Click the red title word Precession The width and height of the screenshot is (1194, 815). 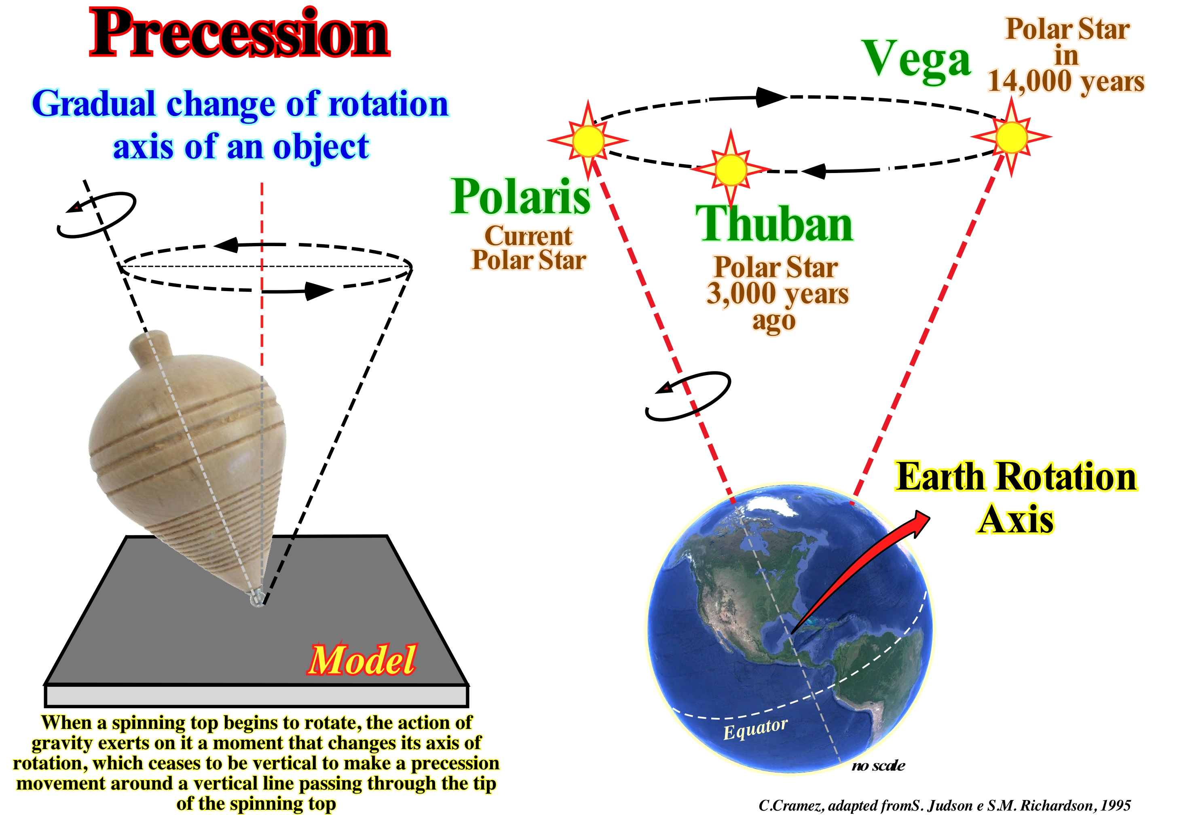coord(239,34)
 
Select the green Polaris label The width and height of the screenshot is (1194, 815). coord(520,197)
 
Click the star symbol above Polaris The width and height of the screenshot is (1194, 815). coord(588,140)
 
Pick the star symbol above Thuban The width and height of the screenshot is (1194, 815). coord(731,169)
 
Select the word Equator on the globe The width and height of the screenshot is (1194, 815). coord(755,728)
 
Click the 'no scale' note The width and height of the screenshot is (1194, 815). coord(879,766)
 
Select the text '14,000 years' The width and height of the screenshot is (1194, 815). coord(1066,82)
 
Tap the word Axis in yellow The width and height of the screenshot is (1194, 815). coord(1016,520)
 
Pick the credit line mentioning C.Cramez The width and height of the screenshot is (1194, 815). coord(944,805)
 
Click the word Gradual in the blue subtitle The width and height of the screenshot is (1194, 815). coord(93,104)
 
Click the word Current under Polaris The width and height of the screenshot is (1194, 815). coord(528,236)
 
